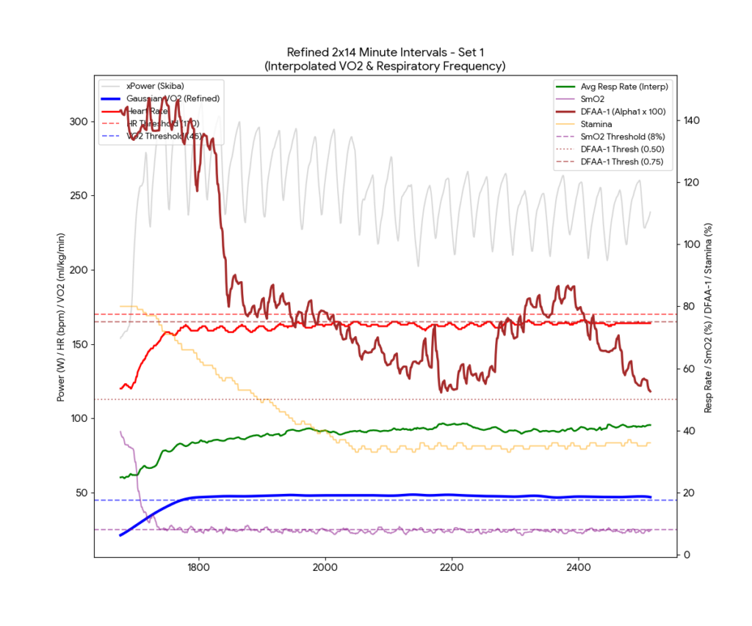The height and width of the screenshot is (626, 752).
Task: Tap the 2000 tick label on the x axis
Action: tap(325, 567)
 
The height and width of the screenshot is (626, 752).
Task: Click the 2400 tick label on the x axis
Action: tap(579, 567)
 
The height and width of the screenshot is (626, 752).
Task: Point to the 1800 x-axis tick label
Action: tap(198, 567)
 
